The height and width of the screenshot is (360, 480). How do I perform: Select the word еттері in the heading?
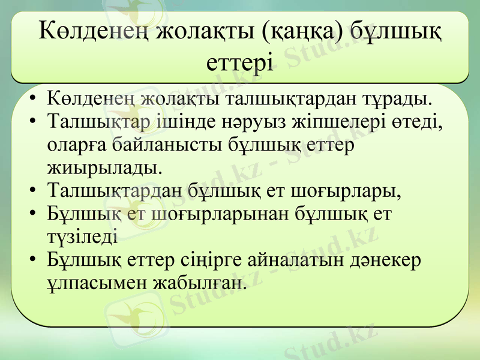tap(239, 61)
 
